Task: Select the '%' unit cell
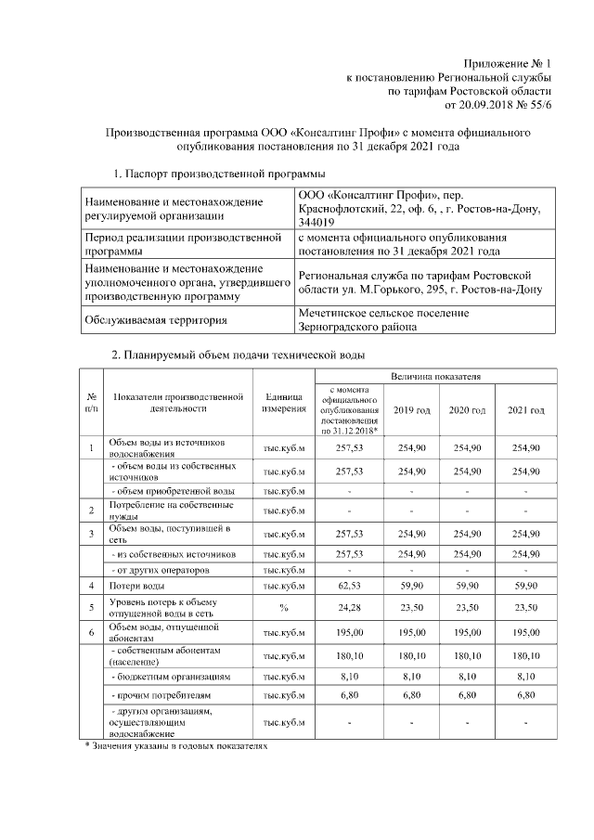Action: click(285, 608)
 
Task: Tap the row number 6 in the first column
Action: click(91, 632)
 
